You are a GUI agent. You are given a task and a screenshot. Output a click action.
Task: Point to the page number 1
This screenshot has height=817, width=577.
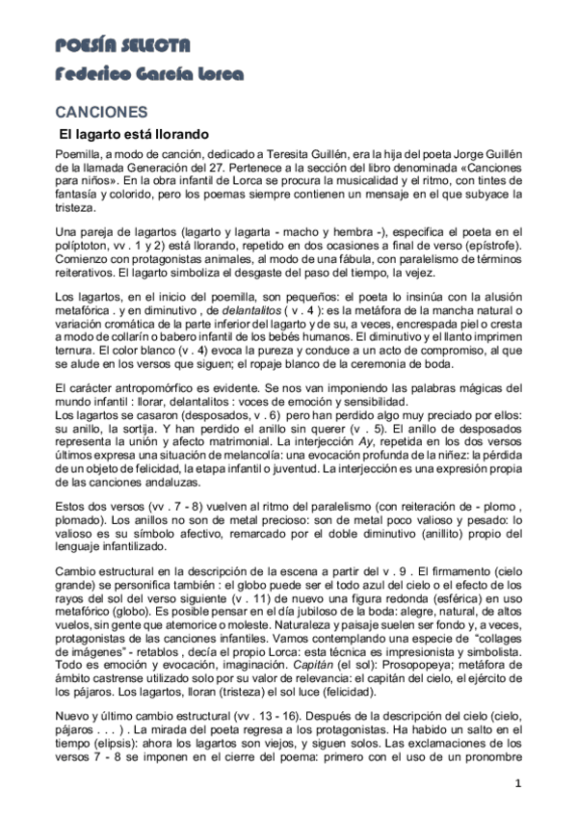(x=517, y=782)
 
